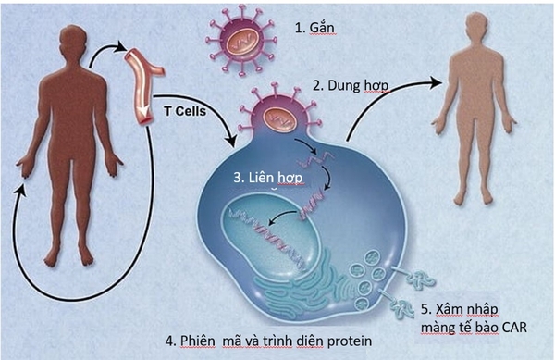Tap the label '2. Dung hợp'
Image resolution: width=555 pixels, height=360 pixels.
[x=350, y=85]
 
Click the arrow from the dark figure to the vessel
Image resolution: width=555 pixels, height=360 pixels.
[x=106, y=51]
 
